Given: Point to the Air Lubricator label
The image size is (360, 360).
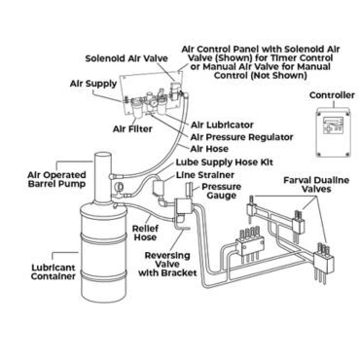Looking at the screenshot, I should click(x=223, y=125).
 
